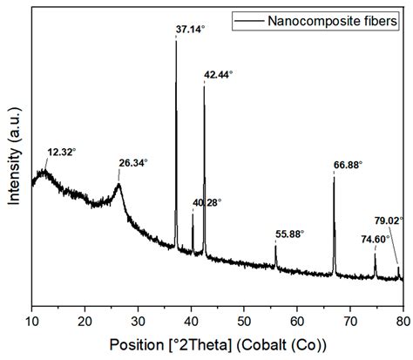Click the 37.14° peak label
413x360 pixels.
coord(191,30)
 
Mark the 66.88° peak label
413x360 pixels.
coord(348,164)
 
